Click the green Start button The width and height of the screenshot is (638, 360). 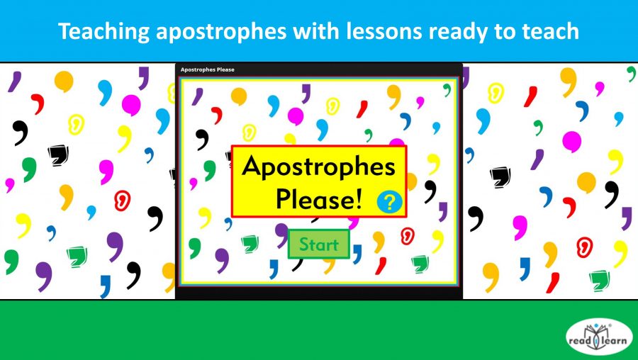[x=318, y=244]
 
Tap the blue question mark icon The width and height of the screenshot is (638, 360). [x=389, y=202]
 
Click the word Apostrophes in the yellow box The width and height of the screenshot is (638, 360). [x=318, y=167]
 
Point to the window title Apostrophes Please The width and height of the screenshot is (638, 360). [x=207, y=69]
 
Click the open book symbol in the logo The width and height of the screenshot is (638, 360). [x=600, y=340]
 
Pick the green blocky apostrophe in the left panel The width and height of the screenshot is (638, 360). [x=76, y=256]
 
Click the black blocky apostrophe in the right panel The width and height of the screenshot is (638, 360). [x=500, y=174]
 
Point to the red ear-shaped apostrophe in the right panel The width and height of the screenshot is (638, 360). [x=584, y=245]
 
